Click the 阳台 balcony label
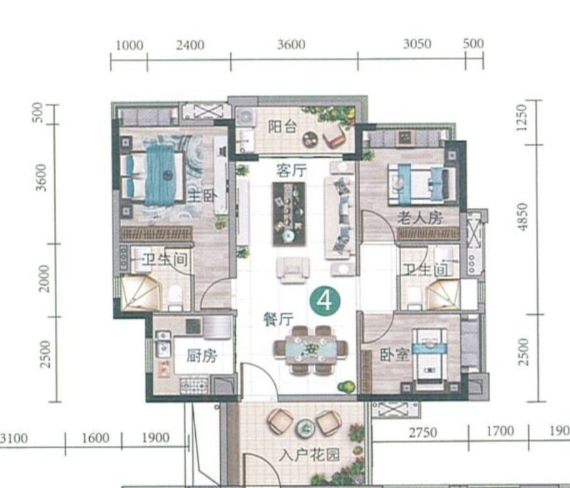pos(282,127)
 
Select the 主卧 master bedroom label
pos(202,197)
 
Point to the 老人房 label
pos(420,218)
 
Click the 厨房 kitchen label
pos(202,355)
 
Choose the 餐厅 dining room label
pos(278,319)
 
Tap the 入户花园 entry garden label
pos(309,455)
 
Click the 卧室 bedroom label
pos(395,355)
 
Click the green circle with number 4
pos(325,301)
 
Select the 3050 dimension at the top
pos(417,44)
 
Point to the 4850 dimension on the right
pos(522,217)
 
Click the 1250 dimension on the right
pos(522,118)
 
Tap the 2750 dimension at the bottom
pos(423,432)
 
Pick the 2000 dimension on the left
pos(44,279)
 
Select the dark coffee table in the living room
pos(289,214)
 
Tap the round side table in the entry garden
pos(305,429)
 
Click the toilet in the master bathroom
pos(175,297)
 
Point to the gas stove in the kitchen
pos(195,386)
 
